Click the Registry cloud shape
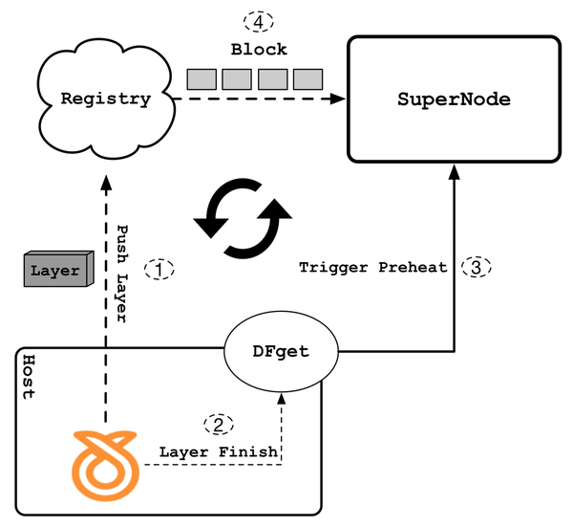pyautogui.click(x=105, y=99)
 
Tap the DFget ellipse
pyautogui.click(x=282, y=351)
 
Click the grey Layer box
pyautogui.click(x=56, y=271)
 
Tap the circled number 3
pyautogui.click(x=477, y=267)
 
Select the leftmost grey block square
pyautogui.click(x=201, y=78)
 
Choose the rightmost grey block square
pyautogui.click(x=308, y=78)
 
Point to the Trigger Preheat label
pyautogui.click(x=373, y=268)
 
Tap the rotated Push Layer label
pyautogui.click(x=122, y=274)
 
